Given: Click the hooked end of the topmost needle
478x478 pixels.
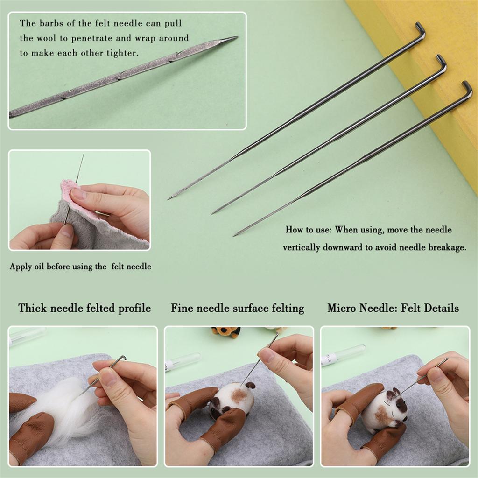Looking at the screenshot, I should click(x=421, y=28).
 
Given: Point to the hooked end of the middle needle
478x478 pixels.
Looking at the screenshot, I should click(x=442, y=60).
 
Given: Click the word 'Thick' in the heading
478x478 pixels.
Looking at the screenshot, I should click(x=32, y=308).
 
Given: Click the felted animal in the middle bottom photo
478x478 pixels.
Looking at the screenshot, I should click(x=233, y=399).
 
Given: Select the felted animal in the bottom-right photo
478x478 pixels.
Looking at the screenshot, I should click(x=385, y=408).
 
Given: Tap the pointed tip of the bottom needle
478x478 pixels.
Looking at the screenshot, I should click(x=235, y=234).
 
